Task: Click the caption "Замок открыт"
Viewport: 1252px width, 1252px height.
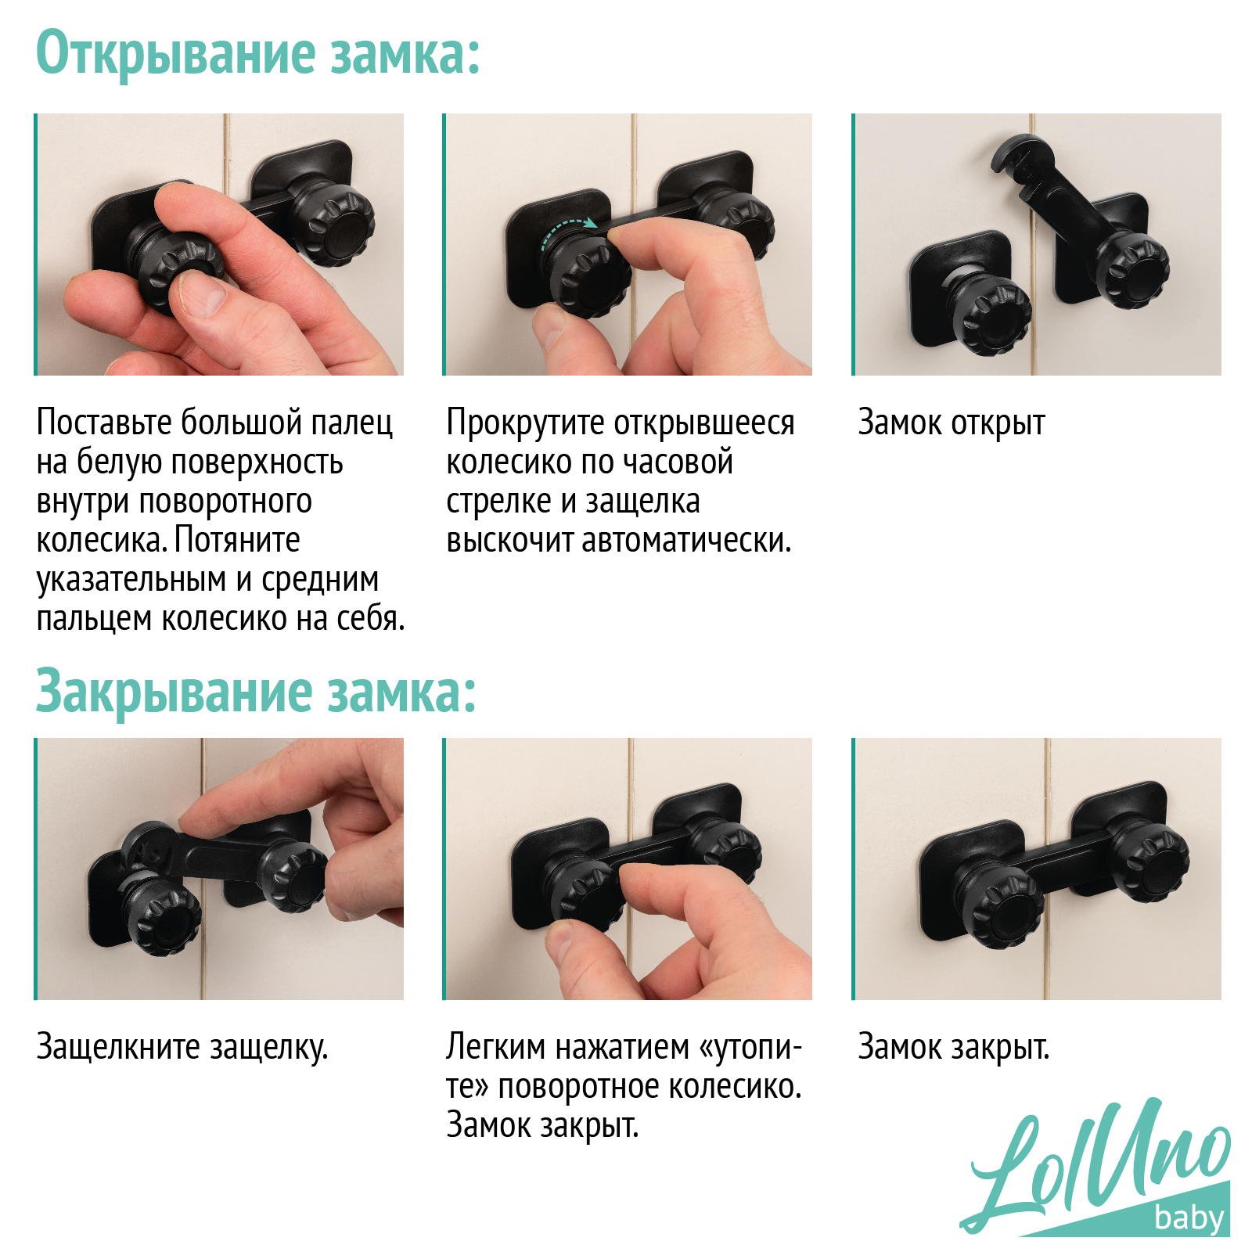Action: click(x=952, y=423)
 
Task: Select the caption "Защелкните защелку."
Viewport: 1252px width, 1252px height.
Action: click(x=182, y=1047)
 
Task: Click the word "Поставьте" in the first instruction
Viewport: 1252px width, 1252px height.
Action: click(x=104, y=423)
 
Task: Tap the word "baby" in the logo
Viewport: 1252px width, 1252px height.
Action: click(x=1189, y=1218)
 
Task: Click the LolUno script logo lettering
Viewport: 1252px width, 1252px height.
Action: click(x=1095, y=1166)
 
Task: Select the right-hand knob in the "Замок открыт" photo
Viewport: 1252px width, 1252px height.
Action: click(x=1133, y=270)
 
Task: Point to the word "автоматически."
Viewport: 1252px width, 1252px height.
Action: click(x=687, y=541)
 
